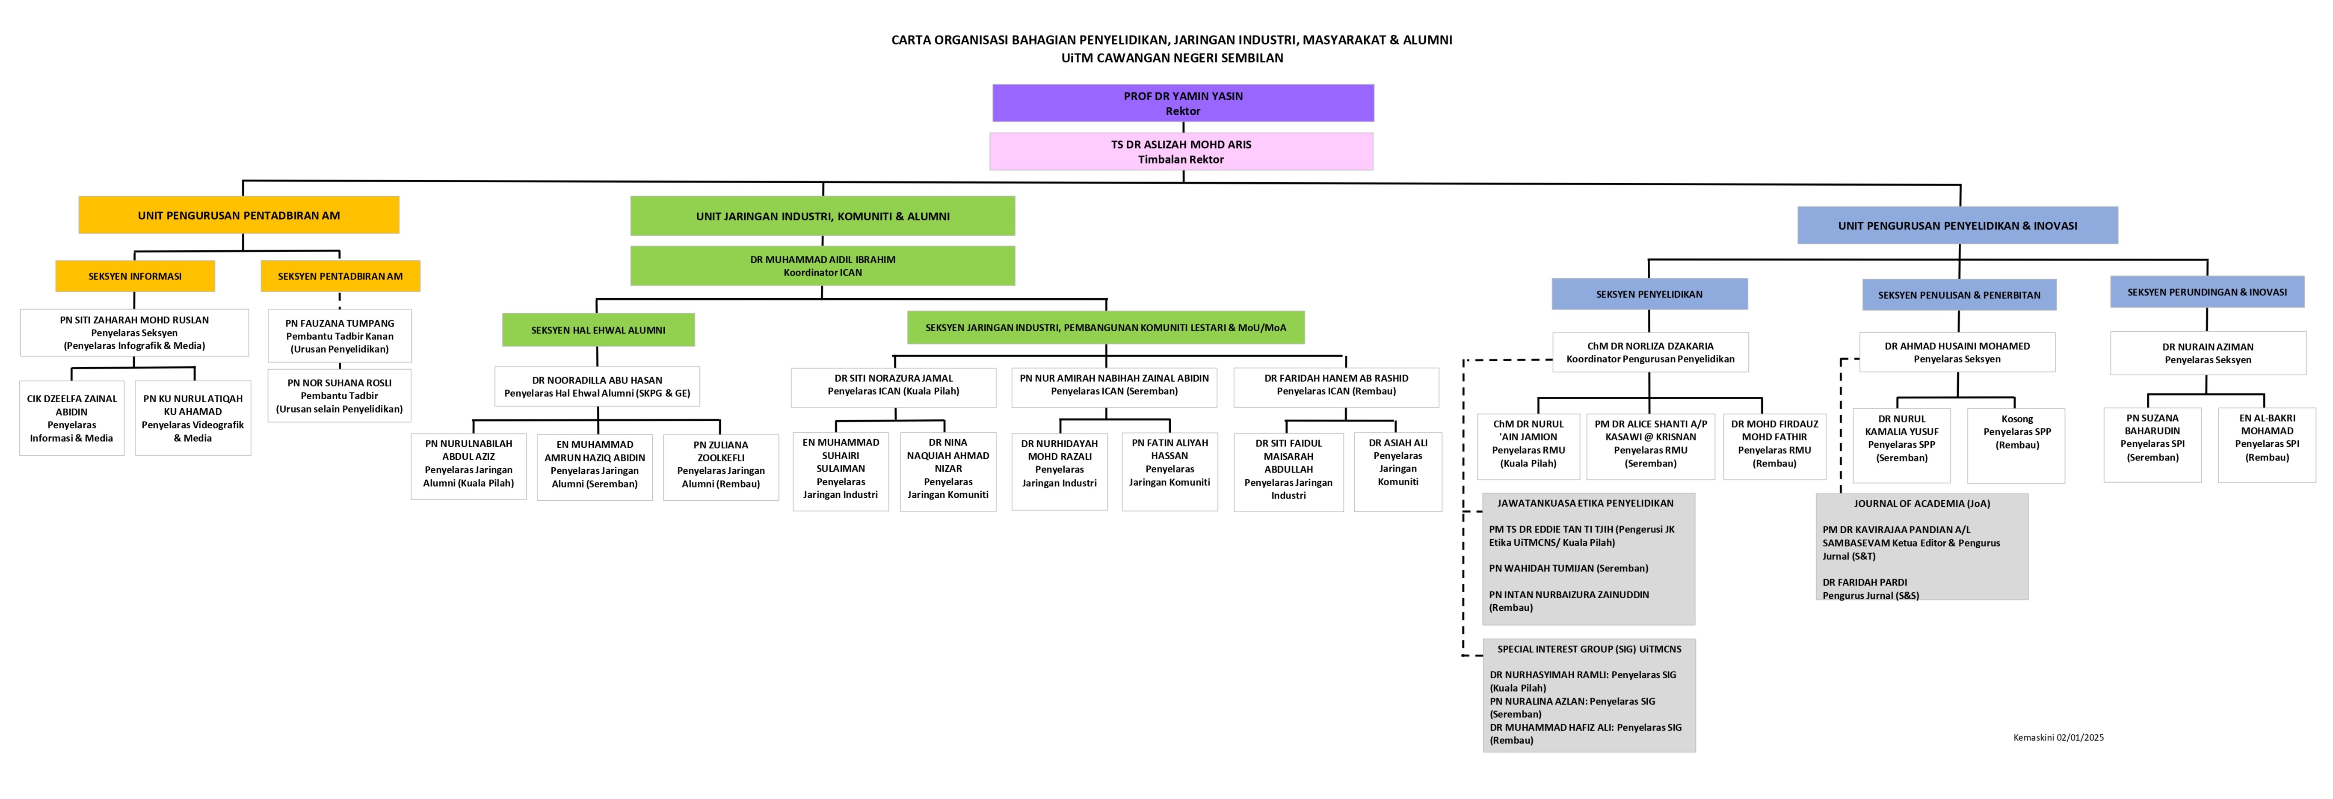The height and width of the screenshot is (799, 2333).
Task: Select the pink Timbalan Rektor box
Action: [1181, 151]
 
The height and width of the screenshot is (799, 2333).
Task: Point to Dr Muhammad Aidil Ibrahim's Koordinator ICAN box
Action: [822, 265]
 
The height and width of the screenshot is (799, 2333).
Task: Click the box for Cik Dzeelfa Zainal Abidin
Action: [71, 418]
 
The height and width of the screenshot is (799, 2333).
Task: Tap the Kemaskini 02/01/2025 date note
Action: [2058, 737]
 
